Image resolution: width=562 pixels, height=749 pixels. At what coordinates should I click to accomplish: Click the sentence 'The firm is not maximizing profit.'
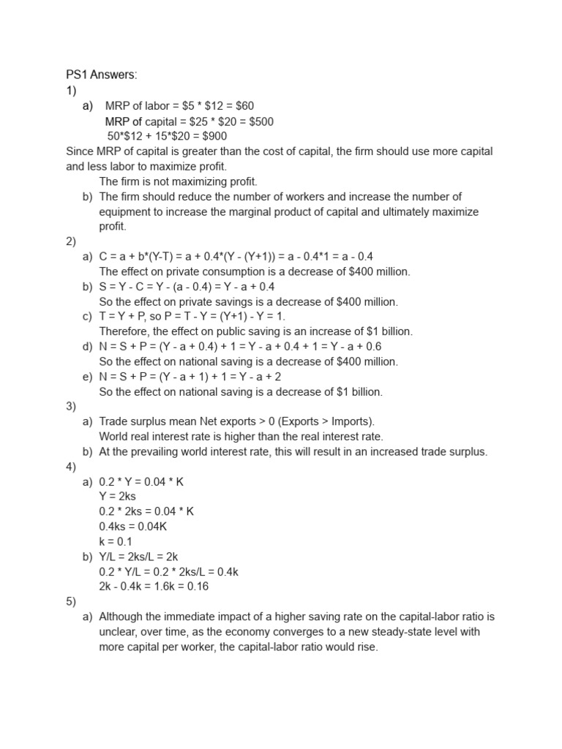(x=179, y=181)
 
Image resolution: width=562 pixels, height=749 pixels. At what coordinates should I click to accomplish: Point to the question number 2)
(x=72, y=241)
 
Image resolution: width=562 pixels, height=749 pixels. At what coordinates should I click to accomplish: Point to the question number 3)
(x=72, y=407)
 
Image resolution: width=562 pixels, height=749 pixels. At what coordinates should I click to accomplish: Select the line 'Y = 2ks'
(x=117, y=497)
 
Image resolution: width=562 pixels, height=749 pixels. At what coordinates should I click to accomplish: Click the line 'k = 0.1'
(x=116, y=541)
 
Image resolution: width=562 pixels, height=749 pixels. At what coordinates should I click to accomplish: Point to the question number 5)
(x=72, y=601)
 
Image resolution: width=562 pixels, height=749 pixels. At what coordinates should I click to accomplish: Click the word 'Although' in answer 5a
(x=121, y=617)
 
